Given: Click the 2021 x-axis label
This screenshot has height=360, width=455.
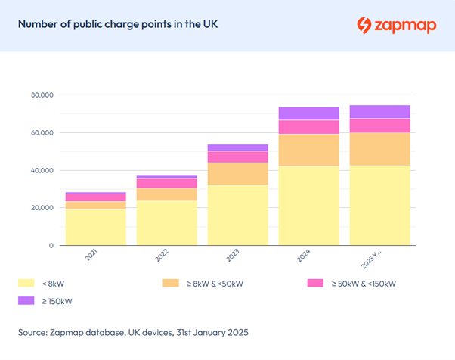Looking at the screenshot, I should point(92,256).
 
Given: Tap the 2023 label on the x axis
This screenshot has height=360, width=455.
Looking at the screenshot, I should point(234,256).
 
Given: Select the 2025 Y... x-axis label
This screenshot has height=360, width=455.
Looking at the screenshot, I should point(375,259).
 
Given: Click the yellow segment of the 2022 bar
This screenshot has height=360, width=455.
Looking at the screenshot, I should point(166,223).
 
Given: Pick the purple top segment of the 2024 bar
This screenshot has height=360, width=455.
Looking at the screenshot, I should point(308,113).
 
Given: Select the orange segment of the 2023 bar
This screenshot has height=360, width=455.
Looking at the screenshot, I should point(237,173).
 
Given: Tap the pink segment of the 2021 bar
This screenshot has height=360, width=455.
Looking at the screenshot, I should point(96,197).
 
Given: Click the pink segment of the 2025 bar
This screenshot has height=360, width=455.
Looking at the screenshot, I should point(379,126).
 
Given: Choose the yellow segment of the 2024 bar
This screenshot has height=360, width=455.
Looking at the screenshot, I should point(308,206).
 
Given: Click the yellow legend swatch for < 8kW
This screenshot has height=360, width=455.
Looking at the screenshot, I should point(27,284).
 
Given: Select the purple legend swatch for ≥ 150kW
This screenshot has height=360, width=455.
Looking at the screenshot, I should point(27,301).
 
